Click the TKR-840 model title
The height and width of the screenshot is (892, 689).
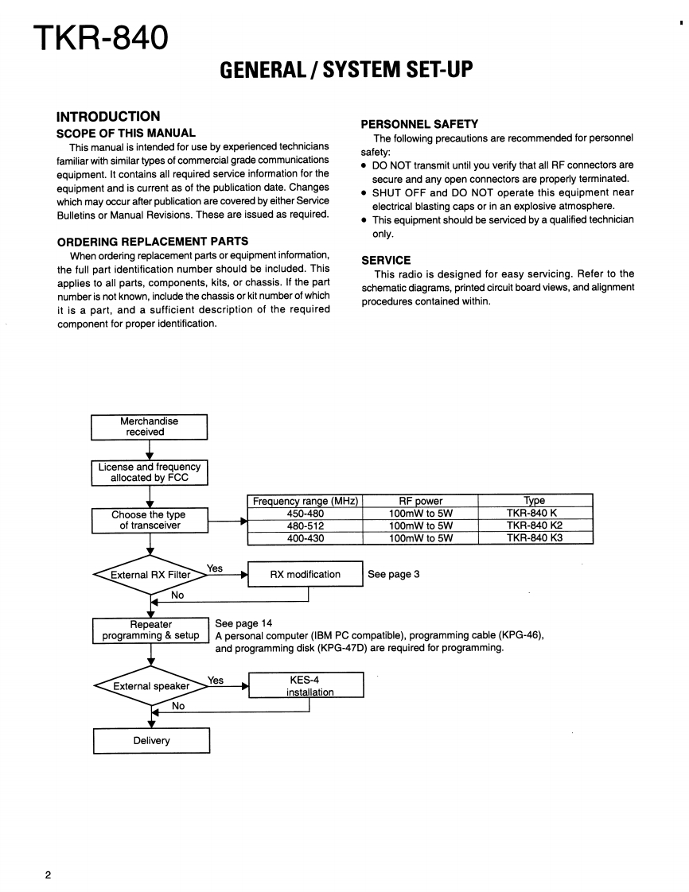pos(101,37)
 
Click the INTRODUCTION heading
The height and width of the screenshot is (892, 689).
pos(108,117)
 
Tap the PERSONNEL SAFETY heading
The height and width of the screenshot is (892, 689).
pos(419,124)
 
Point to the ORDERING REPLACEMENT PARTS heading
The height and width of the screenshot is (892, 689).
pos(153,241)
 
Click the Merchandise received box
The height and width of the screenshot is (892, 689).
pos(149,427)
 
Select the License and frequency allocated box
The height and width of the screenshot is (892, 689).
pos(150,472)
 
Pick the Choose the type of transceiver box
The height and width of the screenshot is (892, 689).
pos(149,520)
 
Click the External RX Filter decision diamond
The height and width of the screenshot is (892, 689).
pos(150,575)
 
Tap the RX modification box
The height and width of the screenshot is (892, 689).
pos(306,575)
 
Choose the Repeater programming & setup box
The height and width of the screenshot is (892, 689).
pos(150,630)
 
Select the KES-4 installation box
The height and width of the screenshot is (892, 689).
pos(306,685)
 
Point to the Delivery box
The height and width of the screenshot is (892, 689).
pos(151,741)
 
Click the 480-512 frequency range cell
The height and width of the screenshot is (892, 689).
pos(306,526)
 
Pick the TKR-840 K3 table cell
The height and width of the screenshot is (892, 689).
pos(535,538)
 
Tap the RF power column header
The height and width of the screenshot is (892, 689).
pos(420,501)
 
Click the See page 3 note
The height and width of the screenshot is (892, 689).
pos(393,575)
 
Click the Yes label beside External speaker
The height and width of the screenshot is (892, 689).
pos(216,681)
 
